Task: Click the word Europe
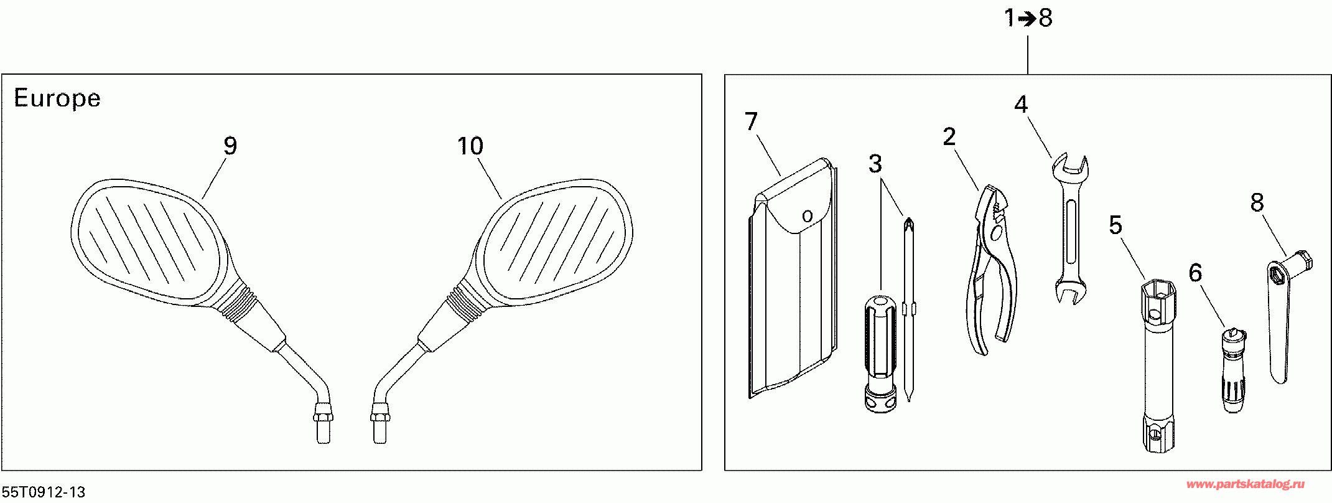click(x=57, y=98)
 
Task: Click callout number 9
click(x=230, y=146)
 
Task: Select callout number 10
click(x=470, y=146)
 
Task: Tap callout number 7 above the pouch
click(x=752, y=122)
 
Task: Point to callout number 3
click(x=875, y=164)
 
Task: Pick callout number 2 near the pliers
click(x=949, y=137)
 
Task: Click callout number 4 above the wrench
click(x=1021, y=105)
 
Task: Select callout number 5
click(x=1115, y=225)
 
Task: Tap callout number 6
click(x=1195, y=273)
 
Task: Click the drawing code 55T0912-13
click(x=44, y=492)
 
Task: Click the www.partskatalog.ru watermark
click(x=1246, y=484)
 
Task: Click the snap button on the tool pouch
click(x=808, y=217)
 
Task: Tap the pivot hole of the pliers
click(x=996, y=233)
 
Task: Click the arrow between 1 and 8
click(x=1028, y=19)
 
